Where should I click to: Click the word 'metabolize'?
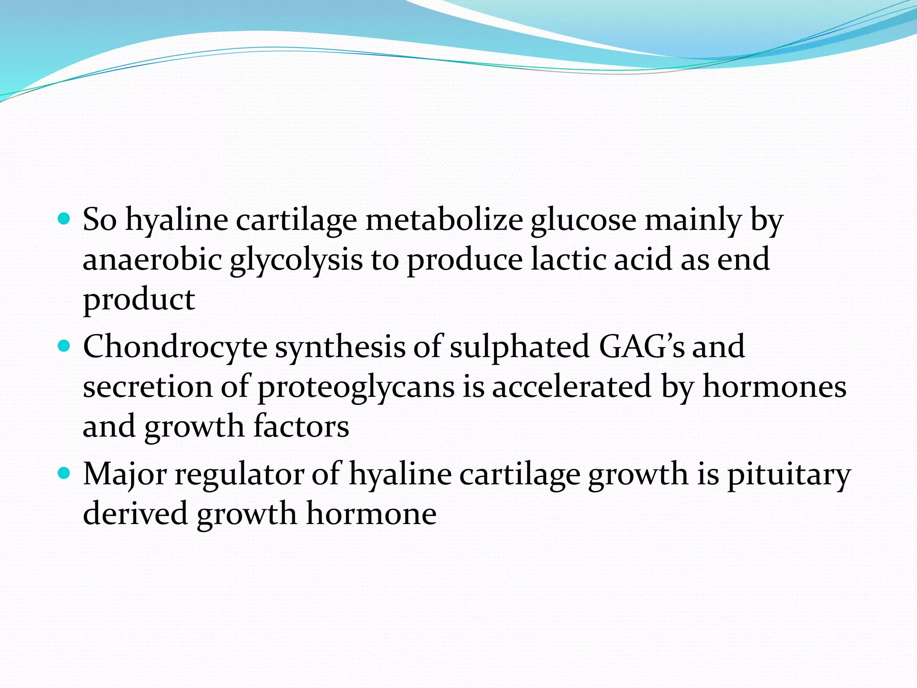pos(444,220)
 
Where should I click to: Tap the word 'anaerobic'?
pos(152,260)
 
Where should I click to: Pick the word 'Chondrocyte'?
pos(175,348)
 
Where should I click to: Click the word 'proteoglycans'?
pos(356,388)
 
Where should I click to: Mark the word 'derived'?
pos(135,513)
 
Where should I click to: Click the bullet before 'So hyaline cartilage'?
pos(64,219)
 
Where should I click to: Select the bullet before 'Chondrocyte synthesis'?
pos(64,346)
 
